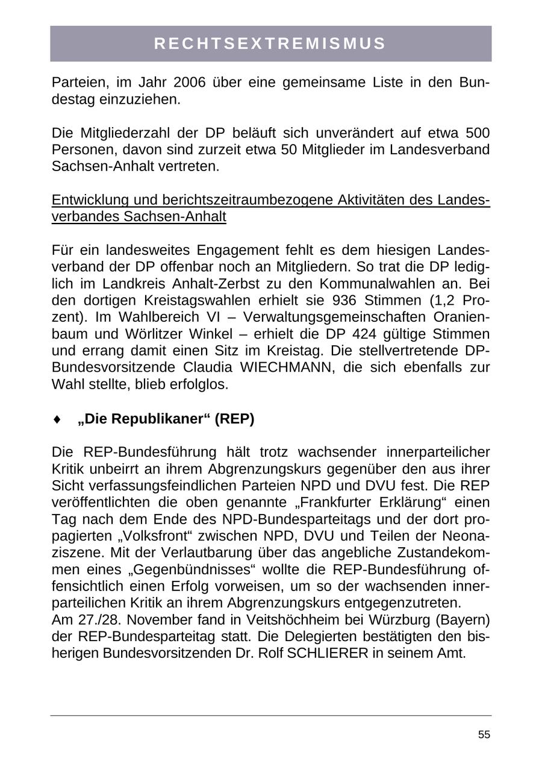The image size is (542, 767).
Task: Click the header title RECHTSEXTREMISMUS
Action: click(x=270, y=43)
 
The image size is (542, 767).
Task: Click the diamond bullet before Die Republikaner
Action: click(x=57, y=419)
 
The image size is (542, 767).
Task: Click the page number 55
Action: click(x=484, y=734)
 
